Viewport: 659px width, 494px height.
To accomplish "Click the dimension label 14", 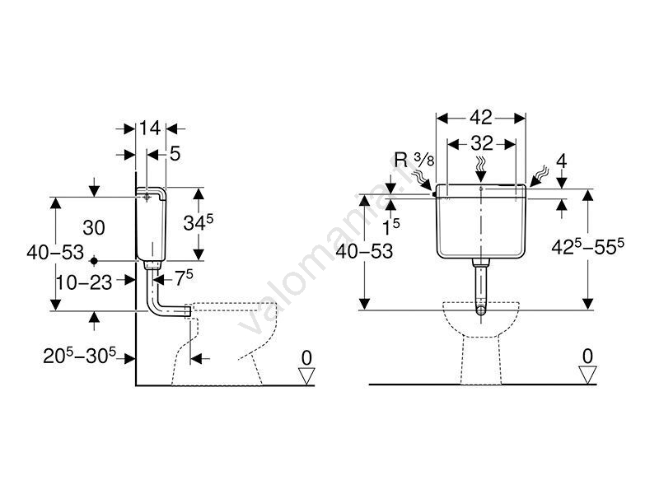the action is click(x=150, y=128).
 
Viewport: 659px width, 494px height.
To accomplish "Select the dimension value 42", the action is click(x=481, y=118).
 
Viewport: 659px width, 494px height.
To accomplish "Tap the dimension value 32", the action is click(x=482, y=143).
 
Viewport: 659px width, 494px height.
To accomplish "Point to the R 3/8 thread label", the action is click(x=414, y=160).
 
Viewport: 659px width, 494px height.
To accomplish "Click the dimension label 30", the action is click(x=94, y=228).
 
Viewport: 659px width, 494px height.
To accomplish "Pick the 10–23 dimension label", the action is click(x=84, y=282).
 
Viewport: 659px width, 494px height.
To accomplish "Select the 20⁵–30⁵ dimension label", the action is click(x=79, y=357).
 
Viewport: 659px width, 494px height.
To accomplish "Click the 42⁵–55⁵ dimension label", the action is click(x=587, y=246).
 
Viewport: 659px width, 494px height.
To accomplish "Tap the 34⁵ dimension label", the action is click(x=199, y=222).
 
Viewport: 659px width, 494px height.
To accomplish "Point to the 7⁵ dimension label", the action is click(x=184, y=278).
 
